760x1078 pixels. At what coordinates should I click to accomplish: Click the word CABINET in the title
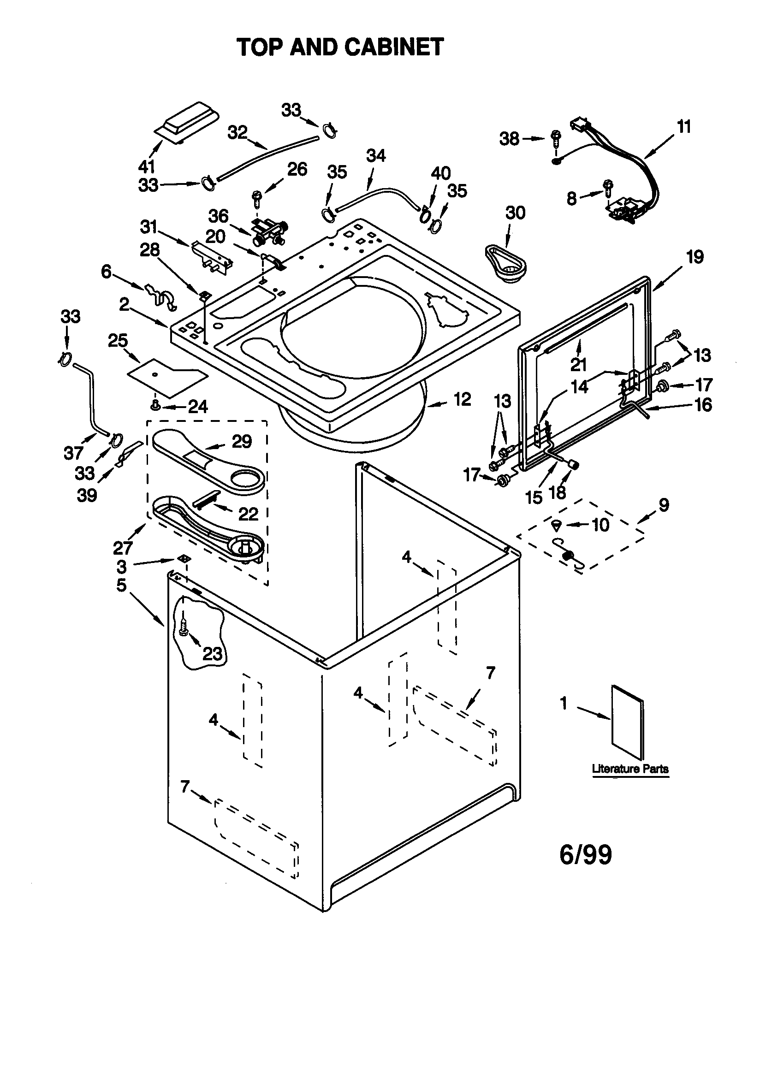tap(394, 47)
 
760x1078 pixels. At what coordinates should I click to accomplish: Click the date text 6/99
tap(585, 854)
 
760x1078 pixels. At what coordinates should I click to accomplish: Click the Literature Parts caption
tap(630, 769)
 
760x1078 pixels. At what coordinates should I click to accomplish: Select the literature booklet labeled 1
tap(628, 723)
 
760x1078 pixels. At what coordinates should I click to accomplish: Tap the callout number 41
tap(147, 166)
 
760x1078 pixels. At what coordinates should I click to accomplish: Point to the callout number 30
tap(515, 213)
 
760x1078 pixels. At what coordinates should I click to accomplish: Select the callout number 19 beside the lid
tap(695, 257)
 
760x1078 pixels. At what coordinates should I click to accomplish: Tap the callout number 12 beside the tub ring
tap(462, 399)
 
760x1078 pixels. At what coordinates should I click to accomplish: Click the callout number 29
tap(242, 441)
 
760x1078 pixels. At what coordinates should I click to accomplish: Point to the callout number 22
tap(248, 514)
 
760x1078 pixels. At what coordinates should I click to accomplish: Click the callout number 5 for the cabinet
tap(122, 585)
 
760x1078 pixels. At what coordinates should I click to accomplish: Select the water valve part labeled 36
tap(268, 232)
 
